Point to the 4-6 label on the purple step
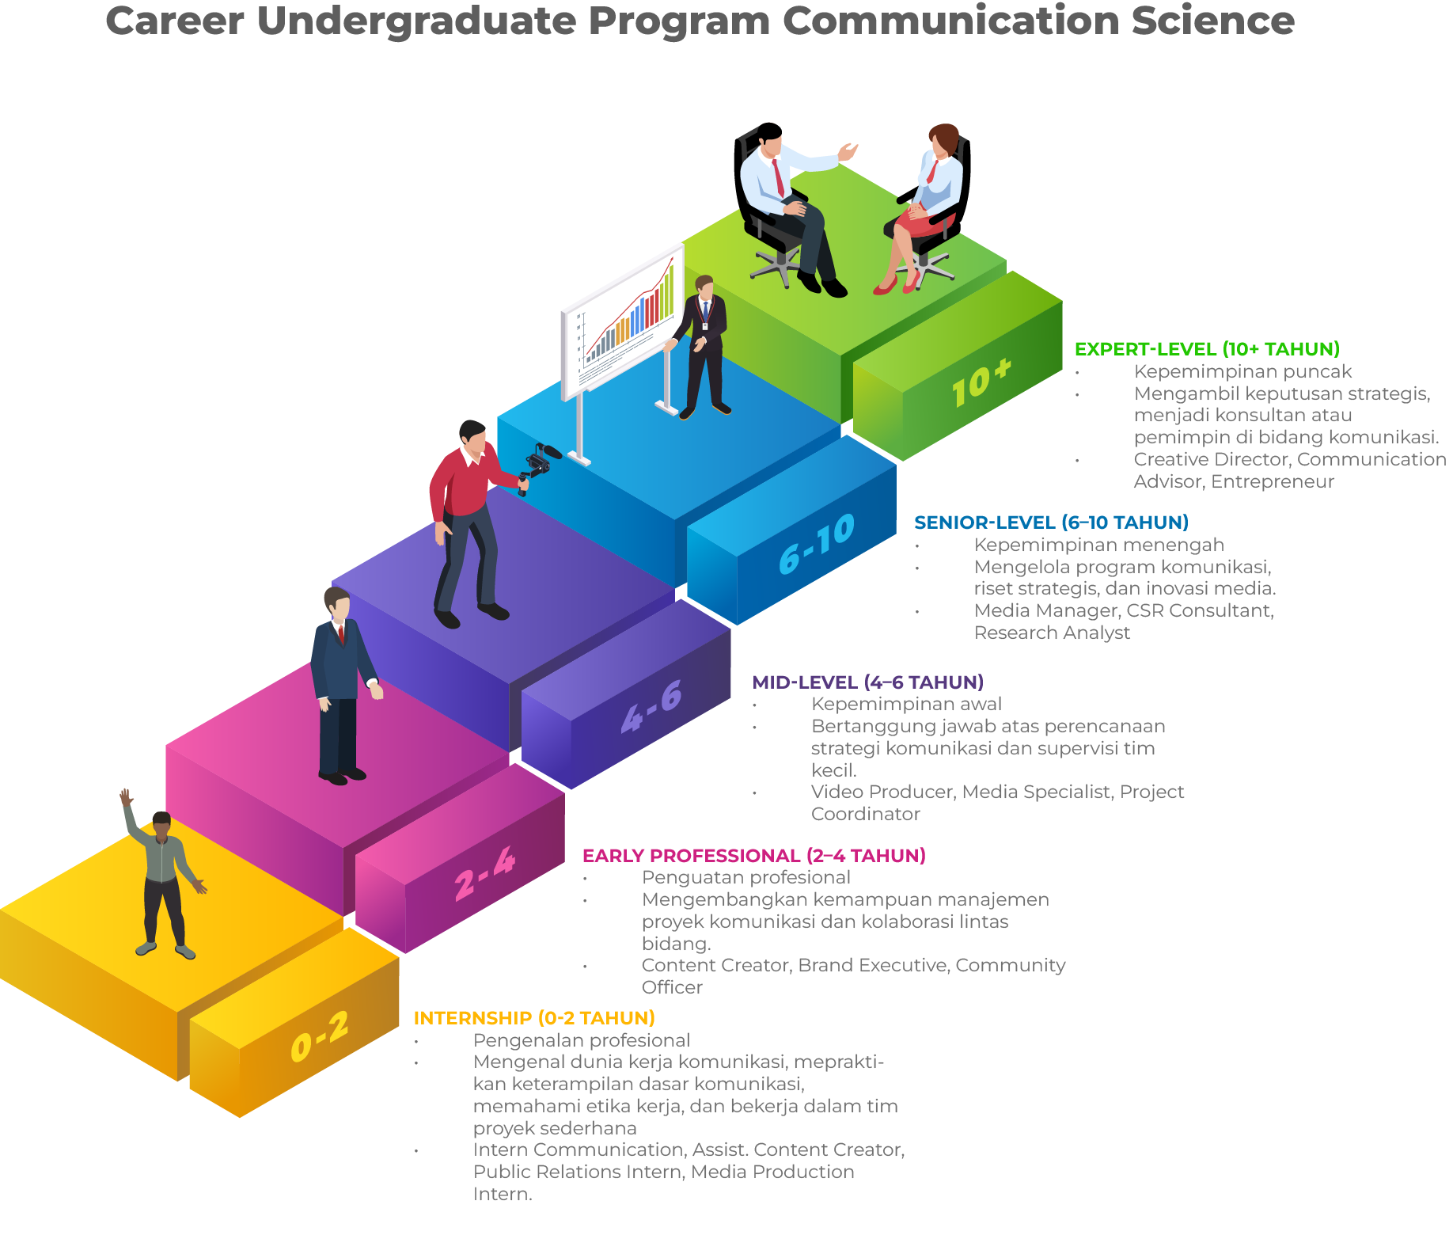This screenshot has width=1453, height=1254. pos(651,707)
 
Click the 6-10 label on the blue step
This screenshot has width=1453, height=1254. pos(816,545)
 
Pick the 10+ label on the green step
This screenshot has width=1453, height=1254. pos(981,382)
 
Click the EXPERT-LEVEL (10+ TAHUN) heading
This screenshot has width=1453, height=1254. pos(1206,349)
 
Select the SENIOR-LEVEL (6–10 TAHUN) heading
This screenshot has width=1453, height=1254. pos(1050,522)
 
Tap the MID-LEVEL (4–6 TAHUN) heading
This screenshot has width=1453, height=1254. pos(867,682)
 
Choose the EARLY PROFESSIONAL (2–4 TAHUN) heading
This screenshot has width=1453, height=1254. pos(753,856)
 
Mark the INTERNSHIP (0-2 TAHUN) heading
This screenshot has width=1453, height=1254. pos(534,1018)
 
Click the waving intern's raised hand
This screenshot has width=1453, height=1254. pos(125,796)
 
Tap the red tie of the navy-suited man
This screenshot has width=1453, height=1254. pos(341,634)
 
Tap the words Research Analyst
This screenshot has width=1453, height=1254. pos(1052,633)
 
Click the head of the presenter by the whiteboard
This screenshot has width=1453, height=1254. pos(704,286)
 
